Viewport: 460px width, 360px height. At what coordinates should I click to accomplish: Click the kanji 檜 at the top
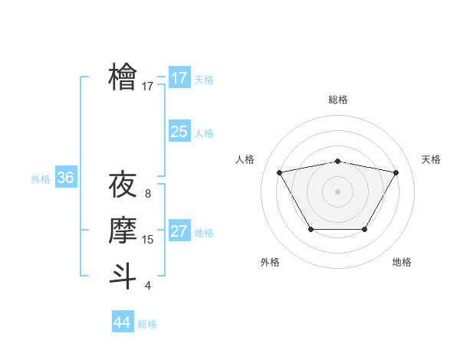[x=123, y=77]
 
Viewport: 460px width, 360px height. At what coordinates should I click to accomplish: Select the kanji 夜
[x=123, y=185]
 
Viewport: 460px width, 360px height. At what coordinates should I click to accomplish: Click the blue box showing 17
[x=179, y=78]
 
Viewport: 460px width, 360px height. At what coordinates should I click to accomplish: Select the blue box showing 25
[x=179, y=132]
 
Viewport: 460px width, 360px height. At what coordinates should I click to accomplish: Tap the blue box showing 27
[x=179, y=231]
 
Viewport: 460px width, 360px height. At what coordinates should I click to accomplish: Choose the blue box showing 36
[x=65, y=178]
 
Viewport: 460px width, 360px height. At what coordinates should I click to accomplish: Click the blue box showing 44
[x=122, y=322]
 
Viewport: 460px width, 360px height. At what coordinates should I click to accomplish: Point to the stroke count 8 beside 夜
[x=148, y=195]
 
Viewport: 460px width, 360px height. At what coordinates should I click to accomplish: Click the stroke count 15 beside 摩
[x=148, y=240]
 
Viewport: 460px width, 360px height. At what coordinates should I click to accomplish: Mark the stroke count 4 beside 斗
[x=148, y=286]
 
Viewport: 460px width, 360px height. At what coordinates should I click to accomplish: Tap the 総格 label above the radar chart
[x=337, y=100]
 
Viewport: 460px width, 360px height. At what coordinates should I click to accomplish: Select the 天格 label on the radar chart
[x=431, y=159]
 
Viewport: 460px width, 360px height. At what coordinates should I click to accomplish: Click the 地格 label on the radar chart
[x=402, y=263]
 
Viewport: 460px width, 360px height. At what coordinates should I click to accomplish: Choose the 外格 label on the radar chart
[x=270, y=263]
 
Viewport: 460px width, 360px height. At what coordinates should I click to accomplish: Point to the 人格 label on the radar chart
[x=245, y=159]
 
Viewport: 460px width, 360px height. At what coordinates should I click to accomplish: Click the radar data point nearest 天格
[x=396, y=172]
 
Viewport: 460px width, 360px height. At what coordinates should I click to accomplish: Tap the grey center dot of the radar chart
[x=337, y=191]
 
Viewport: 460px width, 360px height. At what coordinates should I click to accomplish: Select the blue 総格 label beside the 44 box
[x=147, y=324]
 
